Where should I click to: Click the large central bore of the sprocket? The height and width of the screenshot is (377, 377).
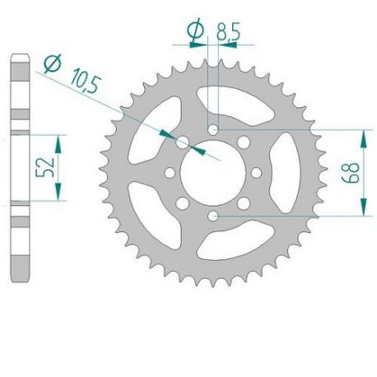click(212, 172)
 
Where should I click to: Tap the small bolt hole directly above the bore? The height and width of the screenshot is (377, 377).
click(213, 129)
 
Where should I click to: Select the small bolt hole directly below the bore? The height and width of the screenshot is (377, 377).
click(213, 216)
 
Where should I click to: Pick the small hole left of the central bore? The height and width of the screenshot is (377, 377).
click(170, 173)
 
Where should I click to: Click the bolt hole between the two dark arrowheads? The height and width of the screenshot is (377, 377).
click(182, 142)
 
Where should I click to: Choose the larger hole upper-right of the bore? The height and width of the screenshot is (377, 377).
click(244, 142)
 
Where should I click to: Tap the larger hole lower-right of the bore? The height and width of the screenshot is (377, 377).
click(244, 203)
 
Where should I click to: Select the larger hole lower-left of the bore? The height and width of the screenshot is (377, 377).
click(182, 203)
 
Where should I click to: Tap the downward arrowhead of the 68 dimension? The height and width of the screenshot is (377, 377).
click(363, 208)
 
